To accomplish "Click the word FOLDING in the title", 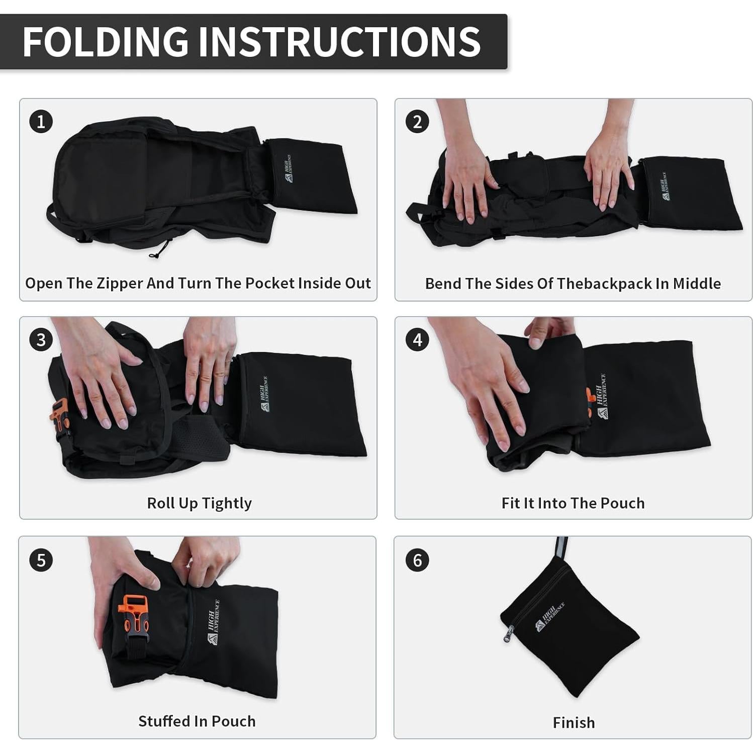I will coord(106,41).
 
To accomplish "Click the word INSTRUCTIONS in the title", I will coord(340,41).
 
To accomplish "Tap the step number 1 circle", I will coord(41,122).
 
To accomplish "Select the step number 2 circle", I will coord(417,122).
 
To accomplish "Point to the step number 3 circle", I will coord(41,340).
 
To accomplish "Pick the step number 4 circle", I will coord(417,340).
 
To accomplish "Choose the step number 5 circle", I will coord(41,560).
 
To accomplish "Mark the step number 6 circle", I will coord(417,560).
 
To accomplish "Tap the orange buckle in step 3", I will coord(60,415).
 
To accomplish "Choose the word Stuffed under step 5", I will coord(165,721).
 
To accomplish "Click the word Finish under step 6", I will coord(574,722).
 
